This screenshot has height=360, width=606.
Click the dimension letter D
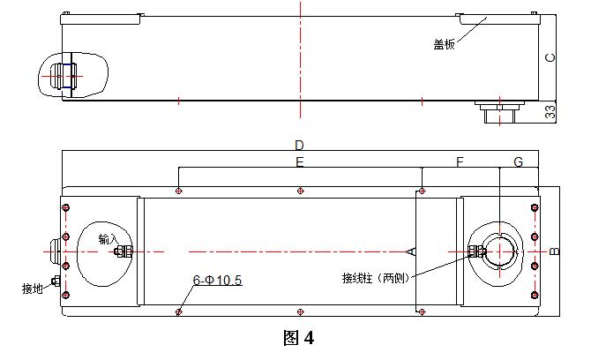click(299, 145)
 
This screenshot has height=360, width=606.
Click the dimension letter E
click(299, 162)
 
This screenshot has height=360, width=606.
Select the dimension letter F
click(459, 162)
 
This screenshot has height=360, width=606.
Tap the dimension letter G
click(518, 162)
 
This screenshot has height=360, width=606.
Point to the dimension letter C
click(550, 57)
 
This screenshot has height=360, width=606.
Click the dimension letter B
click(555, 251)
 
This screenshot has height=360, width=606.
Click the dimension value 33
click(550, 112)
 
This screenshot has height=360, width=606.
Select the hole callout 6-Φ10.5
click(217, 281)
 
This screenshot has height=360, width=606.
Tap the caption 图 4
click(299, 337)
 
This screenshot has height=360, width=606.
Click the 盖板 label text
click(444, 44)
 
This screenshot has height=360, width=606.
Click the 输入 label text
click(108, 239)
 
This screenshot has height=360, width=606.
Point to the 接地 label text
click(33, 288)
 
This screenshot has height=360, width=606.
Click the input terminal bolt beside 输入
click(123, 251)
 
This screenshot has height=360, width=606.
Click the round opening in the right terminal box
click(500, 251)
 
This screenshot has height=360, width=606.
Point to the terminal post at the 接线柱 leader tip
click(477, 251)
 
